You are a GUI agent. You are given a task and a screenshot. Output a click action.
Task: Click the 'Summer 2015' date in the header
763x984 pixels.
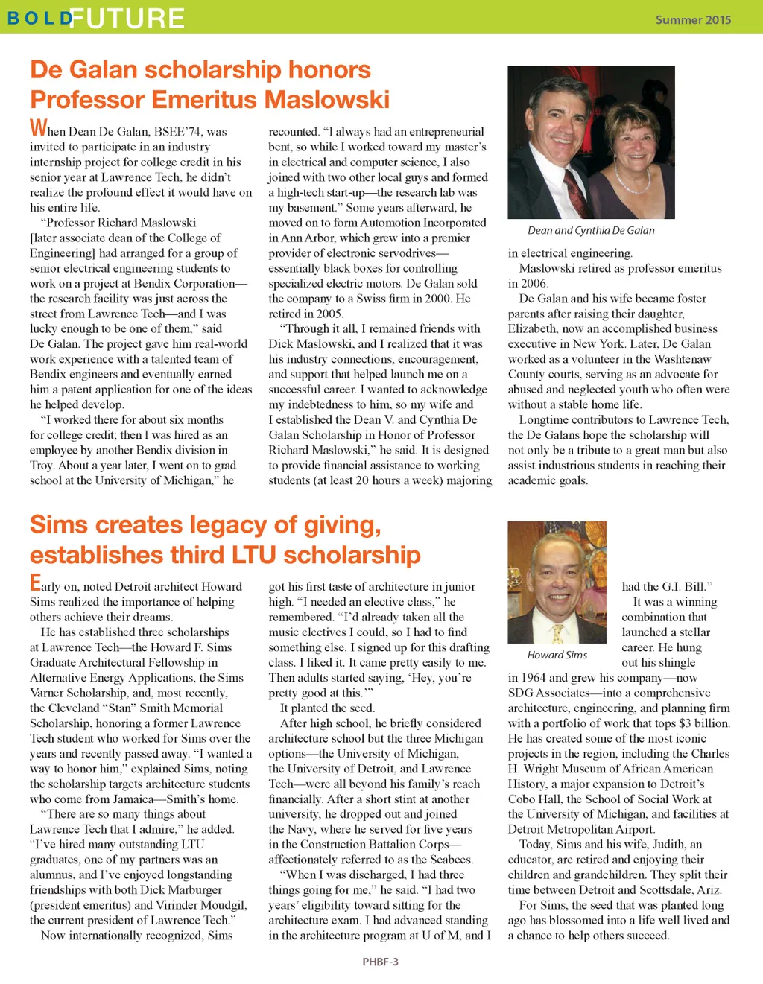pos(693,20)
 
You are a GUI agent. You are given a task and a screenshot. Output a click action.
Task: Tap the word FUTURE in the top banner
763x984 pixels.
pos(127,19)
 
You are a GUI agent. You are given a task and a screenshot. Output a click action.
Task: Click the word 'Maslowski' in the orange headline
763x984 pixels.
pos(327,99)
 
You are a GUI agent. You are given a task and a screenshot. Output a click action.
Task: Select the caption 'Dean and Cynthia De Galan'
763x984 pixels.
pos(591,231)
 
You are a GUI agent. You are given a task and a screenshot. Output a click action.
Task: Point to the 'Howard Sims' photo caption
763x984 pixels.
pos(557,656)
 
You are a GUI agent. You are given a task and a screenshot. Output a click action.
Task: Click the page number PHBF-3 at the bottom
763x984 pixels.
pos(380,962)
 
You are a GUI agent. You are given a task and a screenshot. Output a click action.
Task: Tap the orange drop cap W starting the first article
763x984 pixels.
pos(38,128)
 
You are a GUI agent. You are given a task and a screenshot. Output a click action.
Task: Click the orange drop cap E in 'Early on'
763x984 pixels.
pos(35,583)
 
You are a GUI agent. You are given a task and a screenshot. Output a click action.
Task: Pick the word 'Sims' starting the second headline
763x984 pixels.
pos(58,525)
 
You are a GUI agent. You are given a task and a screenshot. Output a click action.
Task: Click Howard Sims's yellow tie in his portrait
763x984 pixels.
pos(557,633)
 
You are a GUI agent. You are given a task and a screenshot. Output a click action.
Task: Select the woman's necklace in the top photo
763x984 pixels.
pos(632,181)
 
